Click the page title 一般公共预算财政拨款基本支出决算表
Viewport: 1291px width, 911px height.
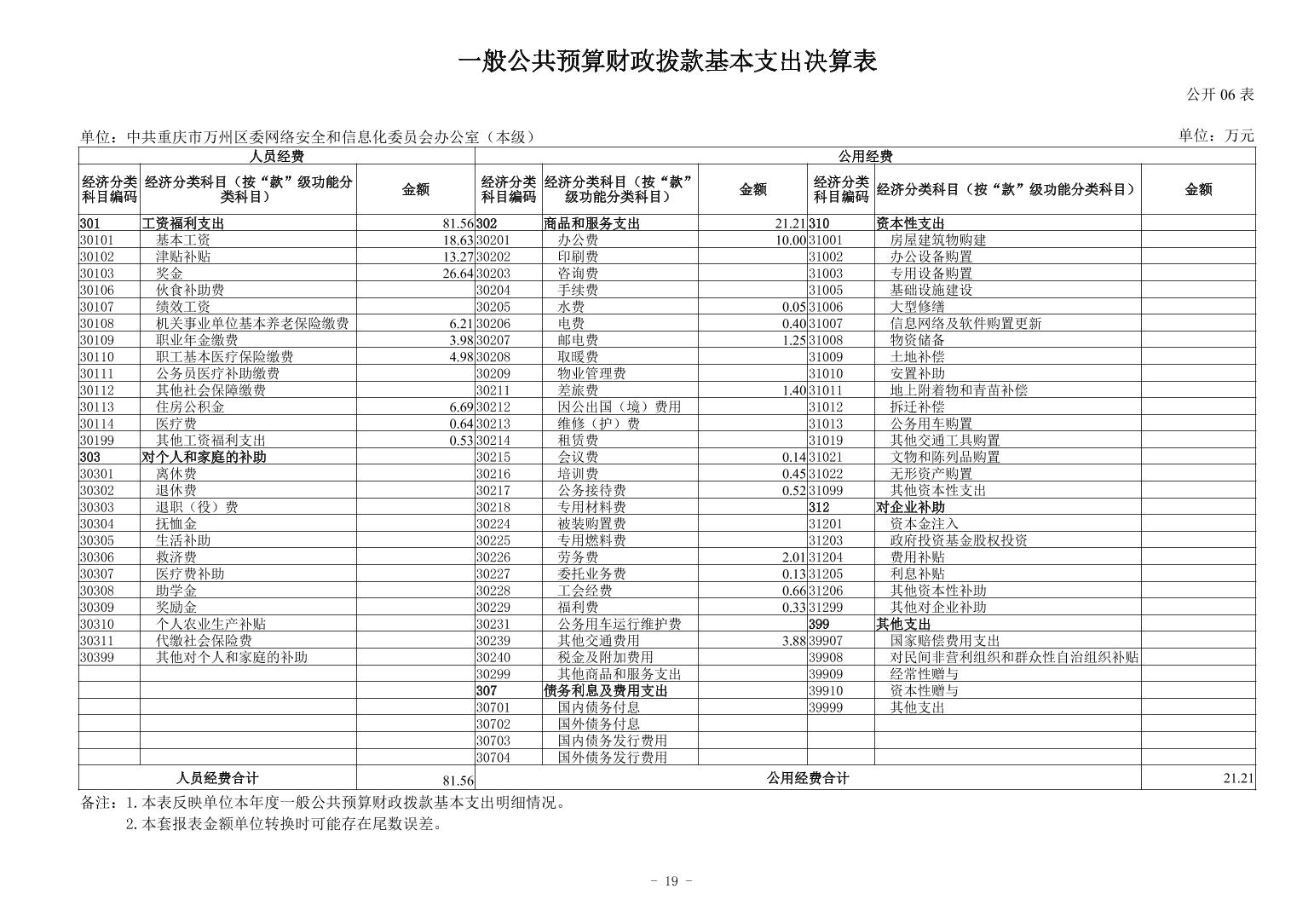[667, 62]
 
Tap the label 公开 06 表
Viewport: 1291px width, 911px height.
[1220, 95]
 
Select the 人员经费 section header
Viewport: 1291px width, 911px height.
[276, 156]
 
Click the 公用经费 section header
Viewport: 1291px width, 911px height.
[864, 156]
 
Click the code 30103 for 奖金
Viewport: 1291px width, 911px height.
[97, 274]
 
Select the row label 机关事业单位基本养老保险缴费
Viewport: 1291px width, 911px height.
[251, 324]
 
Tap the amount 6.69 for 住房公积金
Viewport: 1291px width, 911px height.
[460, 407]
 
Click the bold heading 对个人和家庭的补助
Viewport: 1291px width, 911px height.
[204, 458]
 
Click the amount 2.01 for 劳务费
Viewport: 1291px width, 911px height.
[792, 557]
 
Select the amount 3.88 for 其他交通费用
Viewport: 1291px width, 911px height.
[792, 641]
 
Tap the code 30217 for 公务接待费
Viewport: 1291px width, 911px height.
[493, 491]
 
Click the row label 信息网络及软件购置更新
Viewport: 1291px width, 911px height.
[965, 324]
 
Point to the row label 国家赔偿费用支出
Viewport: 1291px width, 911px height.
[945, 641]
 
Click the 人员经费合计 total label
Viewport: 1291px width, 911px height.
[217, 778]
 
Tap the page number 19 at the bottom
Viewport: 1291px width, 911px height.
[671, 881]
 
